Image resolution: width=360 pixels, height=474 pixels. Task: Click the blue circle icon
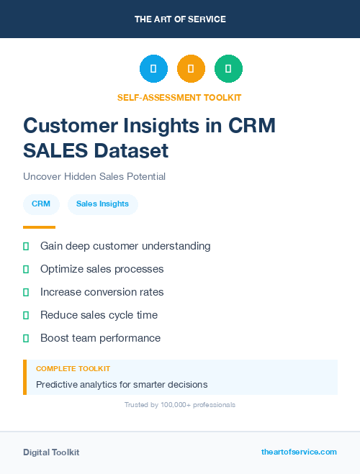[153, 69]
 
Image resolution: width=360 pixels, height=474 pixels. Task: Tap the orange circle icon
[191, 69]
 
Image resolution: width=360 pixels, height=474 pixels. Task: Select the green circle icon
[228, 69]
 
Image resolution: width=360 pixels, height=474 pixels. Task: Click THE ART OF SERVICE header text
[180, 19]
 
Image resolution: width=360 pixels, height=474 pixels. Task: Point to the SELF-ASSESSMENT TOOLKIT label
[180, 97]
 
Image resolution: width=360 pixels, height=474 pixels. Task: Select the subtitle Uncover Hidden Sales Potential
[94, 176]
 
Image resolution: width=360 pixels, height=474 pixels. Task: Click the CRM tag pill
[41, 204]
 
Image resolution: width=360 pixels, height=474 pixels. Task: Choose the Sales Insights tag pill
[102, 204]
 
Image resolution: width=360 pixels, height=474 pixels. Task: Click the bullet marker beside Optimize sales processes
[26, 269]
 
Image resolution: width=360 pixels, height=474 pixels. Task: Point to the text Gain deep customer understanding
[125, 246]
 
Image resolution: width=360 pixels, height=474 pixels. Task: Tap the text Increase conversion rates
[102, 292]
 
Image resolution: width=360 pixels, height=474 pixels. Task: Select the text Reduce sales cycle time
[99, 315]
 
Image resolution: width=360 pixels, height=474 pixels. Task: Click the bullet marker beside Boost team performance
[26, 338]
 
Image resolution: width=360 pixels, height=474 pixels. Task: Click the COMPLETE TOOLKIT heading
[73, 369]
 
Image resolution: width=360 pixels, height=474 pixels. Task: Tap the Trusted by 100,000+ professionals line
[180, 405]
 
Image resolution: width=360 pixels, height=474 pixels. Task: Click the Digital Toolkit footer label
[51, 452]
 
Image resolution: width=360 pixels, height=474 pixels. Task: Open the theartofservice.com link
[299, 452]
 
